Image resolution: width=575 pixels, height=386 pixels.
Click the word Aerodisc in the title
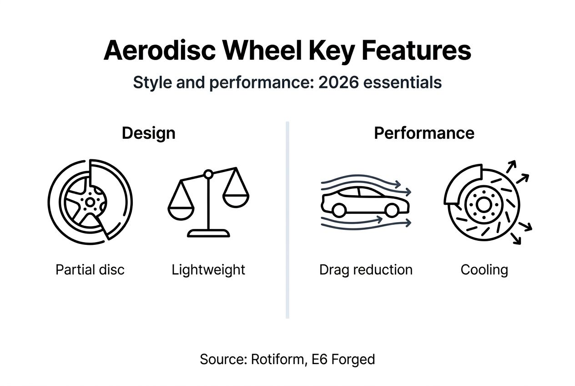click(x=160, y=50)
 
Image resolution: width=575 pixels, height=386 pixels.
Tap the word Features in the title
click(x=416, y=50)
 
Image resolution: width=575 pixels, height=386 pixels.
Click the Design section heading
click(x=148, y=133)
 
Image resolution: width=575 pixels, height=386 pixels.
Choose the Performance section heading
click(x=424, y=133)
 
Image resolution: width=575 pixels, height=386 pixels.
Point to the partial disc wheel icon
click(x=90, y=199)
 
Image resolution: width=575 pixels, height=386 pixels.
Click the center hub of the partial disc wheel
click(x=90, y=202)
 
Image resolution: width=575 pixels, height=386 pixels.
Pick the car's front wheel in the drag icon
click(x=392, y=210)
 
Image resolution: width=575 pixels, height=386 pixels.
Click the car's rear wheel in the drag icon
click(x=338, y=210)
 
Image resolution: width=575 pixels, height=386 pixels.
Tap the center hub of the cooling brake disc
click(x=483, y=206)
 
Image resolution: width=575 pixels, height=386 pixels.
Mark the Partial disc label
click(x=90, y=269)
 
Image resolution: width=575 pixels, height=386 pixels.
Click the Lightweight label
click(x=208, y=269)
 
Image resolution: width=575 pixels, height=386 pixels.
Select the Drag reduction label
click(x=366, y=269)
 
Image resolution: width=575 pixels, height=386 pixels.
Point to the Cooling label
click(x=484, y=269)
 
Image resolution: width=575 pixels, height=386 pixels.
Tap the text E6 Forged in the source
click(x=343, y=359)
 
